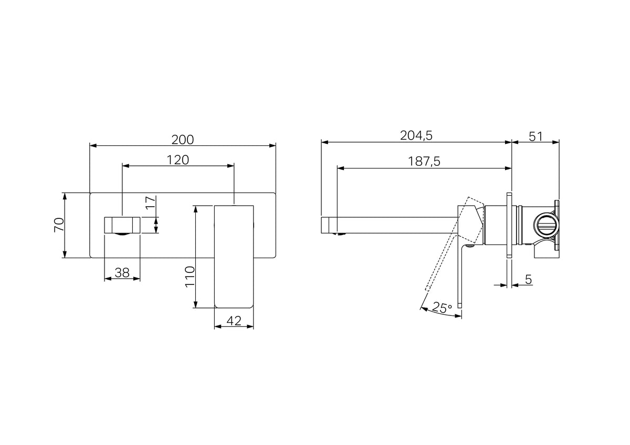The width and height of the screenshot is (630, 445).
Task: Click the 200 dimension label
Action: tap(183, 140)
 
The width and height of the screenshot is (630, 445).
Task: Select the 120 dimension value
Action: tap(178, 160)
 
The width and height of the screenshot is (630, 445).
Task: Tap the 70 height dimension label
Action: tap(59, 225)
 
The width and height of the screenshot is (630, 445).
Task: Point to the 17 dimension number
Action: tap(151, 202)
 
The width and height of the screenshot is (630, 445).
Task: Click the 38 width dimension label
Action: tap(122, 272)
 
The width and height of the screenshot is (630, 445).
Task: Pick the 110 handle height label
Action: tap(190, 277)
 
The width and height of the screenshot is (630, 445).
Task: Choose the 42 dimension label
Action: tap(234, 321)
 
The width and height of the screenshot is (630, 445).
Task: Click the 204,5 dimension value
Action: tap(416, 136)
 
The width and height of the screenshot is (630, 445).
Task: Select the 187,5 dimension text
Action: tap(424, 162)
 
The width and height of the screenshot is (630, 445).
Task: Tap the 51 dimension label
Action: tap(535, 136)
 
